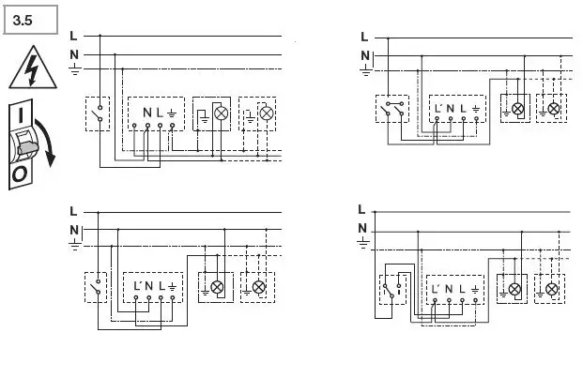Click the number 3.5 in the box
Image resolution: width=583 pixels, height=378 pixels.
pyautogui.click(x=21, y=18)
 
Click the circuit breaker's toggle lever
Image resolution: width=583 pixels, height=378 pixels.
pyautogui.click(x=26, y=144)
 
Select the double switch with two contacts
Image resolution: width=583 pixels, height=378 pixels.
pyautogui.click(x=392, y=112)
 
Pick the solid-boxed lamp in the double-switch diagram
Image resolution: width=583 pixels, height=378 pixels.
pyautogui.click(x=514, y=109)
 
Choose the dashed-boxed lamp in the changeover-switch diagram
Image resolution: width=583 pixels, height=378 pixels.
pyautogui.click(x=554, y=290)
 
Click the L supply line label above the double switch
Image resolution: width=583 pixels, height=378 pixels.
pyautogui.click(x=364, y=37)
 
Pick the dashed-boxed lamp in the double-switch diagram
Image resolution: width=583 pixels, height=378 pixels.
pyautogui.click(x=554, y=109)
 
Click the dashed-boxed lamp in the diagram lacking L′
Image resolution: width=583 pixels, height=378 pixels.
pyautogui.click(x=266, y=113)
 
